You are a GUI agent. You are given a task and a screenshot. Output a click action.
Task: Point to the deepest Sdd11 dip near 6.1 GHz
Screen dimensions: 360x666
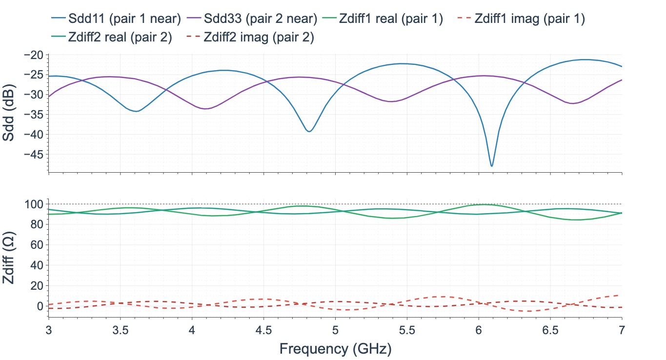pos(492,166)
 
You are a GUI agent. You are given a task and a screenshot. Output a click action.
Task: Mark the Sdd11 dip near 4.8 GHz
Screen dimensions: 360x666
pos(309,131)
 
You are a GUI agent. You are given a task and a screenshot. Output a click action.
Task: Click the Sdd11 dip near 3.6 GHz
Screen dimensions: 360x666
pos(137,111)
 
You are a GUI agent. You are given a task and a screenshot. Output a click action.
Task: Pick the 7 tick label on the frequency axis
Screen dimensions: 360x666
pos(622,330)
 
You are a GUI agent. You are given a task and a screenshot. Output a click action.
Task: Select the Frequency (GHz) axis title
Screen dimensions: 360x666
pos(335,348)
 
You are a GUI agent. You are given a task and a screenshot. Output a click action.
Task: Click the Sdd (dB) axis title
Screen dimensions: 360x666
pos(9,113)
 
